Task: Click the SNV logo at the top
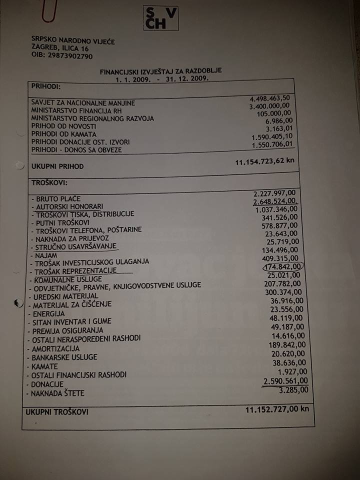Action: pyautogui.click(x=160, y=18)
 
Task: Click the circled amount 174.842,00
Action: pyautogui.click(x=282, y=266)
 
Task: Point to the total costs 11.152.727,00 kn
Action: pyautogui.click(x=277, y=409)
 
